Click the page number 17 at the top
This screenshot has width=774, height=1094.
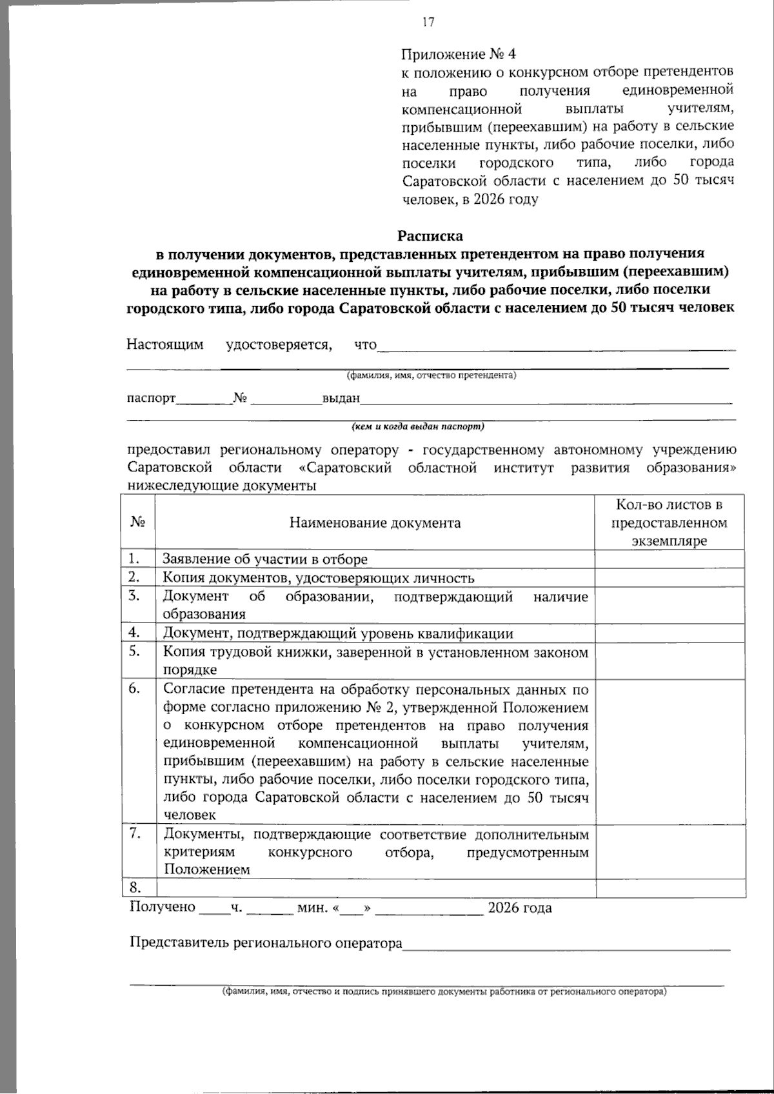[428, 23]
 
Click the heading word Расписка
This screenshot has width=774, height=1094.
[430, 235]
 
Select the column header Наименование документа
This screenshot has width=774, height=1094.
[375, 522]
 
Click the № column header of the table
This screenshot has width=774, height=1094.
[137, 522]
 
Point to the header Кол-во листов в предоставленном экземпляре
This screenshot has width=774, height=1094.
[669, 522]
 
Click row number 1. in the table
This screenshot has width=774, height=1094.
[134, 559]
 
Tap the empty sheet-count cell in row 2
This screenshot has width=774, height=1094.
[670, 577]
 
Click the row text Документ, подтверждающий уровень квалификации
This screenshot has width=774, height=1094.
[338, 633]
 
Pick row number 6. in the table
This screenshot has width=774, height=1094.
[134, 688]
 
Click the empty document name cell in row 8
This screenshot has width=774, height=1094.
[375, 888]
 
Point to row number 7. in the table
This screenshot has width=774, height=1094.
[134, 833]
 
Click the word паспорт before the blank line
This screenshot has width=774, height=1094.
[151, 398]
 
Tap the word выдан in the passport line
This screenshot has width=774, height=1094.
[341, 398]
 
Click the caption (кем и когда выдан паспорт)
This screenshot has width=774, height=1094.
[417, 426]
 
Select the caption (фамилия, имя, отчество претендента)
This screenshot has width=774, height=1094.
[431, 375]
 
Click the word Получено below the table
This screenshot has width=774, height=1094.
[163, 907]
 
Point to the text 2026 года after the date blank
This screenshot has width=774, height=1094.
[519, 908]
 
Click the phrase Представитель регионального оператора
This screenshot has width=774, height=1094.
[266, 942]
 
